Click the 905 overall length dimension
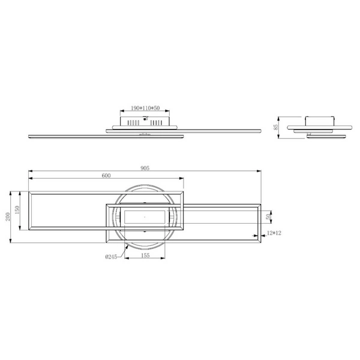pyautogui.click(x=145, y=168)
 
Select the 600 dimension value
pyautogui.click(x=106, y=175)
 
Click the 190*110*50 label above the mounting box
pyautogui.click(x=145, y=109)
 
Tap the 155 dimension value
pyautogui.click(x=145, y=255)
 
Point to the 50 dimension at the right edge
pyautogui.click(x=269, y=216)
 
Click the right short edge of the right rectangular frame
pyautogui.click(x=259, y=223)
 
